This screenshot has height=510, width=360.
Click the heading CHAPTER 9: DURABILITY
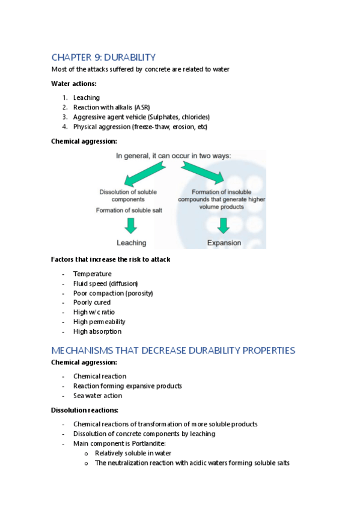tap(103, 57)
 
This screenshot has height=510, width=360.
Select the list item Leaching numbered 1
tap(87, 97)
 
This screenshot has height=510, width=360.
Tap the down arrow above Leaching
tap(131, 226)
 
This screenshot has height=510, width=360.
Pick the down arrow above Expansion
tap(224, 226)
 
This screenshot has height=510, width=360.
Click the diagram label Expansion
tap(224, 243)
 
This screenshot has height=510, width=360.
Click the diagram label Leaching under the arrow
tap(131, 243)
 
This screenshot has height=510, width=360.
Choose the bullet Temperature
tap(92, 274)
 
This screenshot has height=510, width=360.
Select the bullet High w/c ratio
tap(94, 312)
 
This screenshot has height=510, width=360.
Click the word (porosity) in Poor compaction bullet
tap(139, 293)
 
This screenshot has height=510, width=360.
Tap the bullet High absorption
tap(97, 331)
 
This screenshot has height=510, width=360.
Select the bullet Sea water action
tap(97, 396)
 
